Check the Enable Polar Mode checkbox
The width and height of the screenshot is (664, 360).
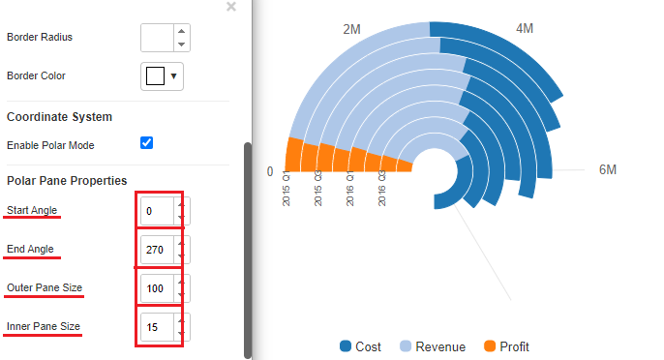147,143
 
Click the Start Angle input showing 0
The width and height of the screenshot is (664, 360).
156,210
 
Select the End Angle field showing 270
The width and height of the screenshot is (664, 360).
156,250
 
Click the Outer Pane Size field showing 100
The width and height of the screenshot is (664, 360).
156,288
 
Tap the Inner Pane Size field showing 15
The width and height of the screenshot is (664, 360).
156,327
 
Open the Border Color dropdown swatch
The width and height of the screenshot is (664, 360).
162,75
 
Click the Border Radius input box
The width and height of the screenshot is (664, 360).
157,38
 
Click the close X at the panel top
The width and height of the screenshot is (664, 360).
230,7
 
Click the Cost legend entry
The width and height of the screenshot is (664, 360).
359,346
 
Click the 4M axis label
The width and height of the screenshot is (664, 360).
525,29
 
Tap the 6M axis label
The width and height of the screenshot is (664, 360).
608,170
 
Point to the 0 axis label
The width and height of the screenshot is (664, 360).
270,171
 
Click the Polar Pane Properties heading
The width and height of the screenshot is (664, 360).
66,181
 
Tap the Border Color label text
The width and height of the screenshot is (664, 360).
36,75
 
